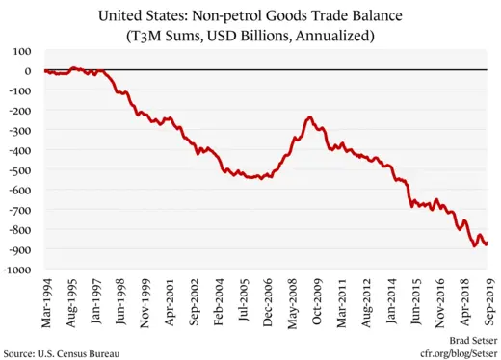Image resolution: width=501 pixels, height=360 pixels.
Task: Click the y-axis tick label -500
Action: pos(24,170)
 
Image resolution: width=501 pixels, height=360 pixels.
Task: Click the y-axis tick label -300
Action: pos(24,131)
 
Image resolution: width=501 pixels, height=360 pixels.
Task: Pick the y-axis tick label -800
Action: pos(24,230)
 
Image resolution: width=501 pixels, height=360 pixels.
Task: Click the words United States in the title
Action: pos(179,16)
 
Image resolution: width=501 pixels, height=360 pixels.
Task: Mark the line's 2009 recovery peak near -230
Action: pos(308,117)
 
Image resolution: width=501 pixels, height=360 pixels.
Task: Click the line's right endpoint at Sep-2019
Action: pos(487,244)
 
